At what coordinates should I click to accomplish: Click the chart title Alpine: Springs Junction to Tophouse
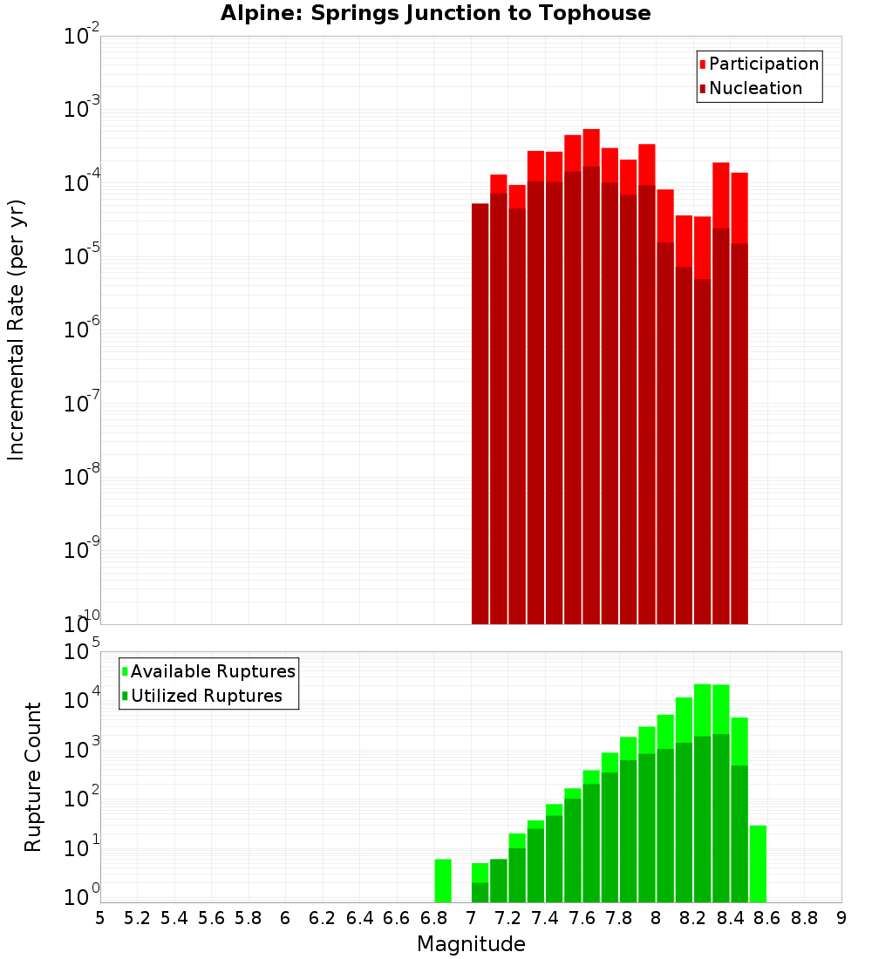click(x=435, y=13)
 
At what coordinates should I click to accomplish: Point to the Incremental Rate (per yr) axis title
click(x=17, y=330)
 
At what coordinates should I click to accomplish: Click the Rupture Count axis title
click(x=33, y=776)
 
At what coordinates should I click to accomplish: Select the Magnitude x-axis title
click(x=471, y=944)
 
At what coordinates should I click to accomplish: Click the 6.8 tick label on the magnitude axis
click(x=434, y=918)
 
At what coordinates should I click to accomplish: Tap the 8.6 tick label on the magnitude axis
click(x=767, y=918)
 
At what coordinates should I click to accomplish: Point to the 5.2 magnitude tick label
click(x=137, y=918)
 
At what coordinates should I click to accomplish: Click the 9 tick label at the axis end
click(x=841, y=918)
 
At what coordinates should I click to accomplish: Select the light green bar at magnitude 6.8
click(x=443, y=881)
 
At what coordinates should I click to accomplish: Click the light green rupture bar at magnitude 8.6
click(x=758, y=863)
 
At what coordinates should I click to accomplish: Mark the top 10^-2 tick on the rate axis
click(x=82, y=37)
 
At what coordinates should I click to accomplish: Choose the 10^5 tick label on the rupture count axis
click(x=82, y=651)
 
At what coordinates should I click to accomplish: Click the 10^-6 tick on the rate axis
click(x=82, y=330)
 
